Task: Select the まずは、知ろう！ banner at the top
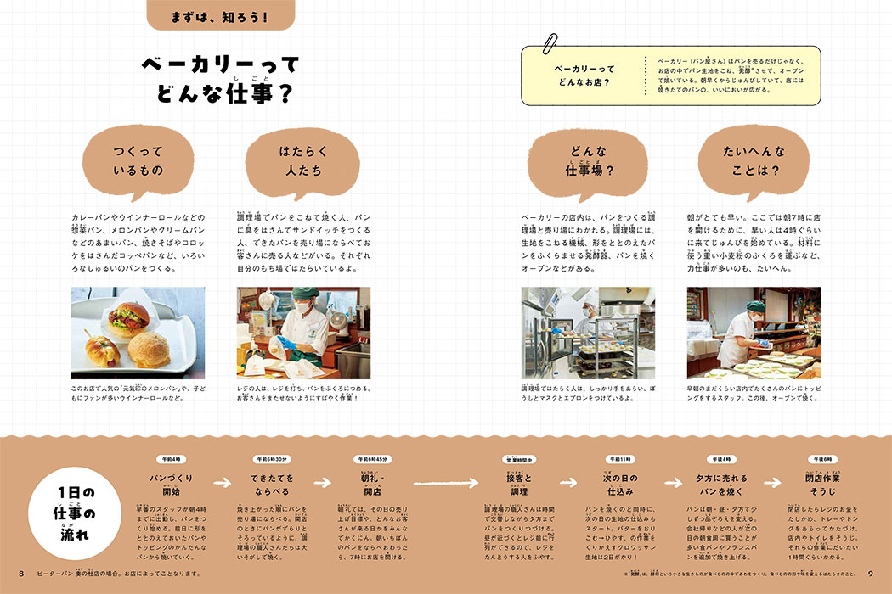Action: (x=221, y=15)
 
